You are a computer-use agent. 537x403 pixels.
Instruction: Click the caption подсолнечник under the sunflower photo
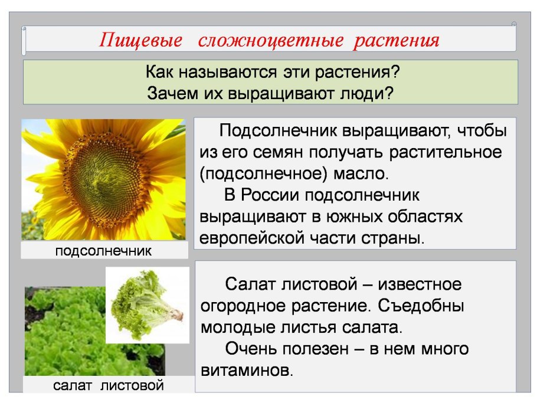tap(103, 251)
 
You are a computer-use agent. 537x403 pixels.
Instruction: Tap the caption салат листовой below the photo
tap(108, 386)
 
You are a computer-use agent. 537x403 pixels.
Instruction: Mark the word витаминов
tap(246, 371)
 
